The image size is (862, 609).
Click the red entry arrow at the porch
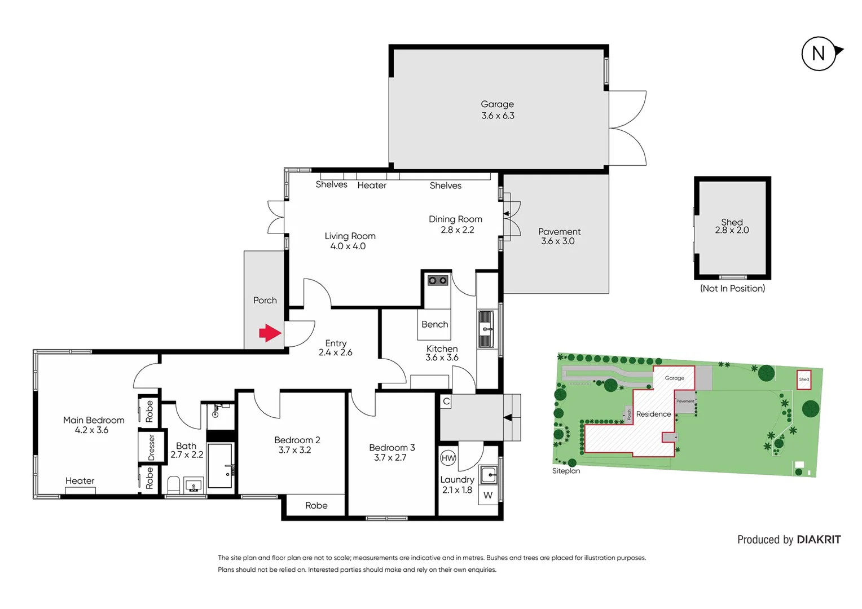point(270,333)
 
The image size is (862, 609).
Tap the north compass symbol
point(819,54)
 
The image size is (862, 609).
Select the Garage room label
point(497,104)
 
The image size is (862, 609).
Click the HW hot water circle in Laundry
point(448,458)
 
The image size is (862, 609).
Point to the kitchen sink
point(486,329)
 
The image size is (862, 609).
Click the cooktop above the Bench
point(437,280)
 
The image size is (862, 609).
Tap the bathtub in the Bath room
point(220,466)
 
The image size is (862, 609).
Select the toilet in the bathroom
point(173,485)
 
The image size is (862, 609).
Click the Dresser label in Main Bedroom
point(151,447)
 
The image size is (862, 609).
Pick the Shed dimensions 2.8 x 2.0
point(732,230)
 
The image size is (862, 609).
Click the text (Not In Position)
point(732,288)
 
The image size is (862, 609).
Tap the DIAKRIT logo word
point(819,540)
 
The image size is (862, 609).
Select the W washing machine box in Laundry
point(488,495)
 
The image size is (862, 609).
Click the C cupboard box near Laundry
point(446,401)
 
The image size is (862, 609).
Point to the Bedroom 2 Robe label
point(316,505)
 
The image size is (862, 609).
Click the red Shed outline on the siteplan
point(804,379)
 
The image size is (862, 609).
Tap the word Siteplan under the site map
point(566,471)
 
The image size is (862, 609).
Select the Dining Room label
point(455,219)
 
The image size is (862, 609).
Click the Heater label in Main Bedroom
point(80,481)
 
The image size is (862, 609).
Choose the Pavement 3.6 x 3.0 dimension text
point(557,241)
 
